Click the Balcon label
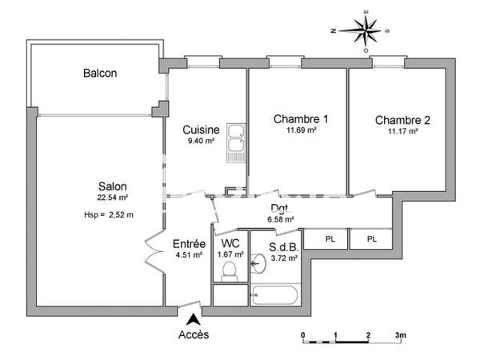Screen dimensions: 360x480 [x=100, y=74]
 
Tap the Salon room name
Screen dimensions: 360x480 [x=112, y=186]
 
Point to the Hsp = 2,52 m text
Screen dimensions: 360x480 [x=108, y=214]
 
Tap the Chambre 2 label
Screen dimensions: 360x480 [x=402, y=121]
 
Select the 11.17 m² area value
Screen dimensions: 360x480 [x=402, y=132]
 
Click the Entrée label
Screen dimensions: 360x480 [x=190, y=245]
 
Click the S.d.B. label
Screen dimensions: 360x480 [x=283, y=246]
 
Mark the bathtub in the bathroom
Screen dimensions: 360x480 [x=276, y=295]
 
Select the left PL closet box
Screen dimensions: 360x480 [x=330, y=239]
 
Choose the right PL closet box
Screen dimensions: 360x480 [x=371, y=239]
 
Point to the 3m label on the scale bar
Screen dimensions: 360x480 [x=400, y=335]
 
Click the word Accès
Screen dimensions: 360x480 [x=194, y=335]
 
